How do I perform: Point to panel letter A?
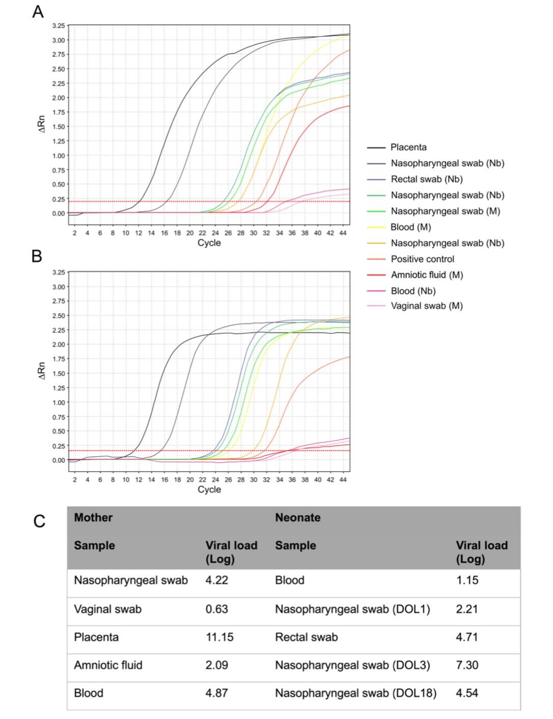click(38, 12)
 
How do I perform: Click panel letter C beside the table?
click(39, 521)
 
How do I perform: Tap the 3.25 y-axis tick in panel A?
click(59, 25)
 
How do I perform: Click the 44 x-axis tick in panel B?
click(343, 480)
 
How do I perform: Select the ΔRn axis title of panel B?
click(42, 370)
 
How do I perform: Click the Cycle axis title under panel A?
click(209, 243)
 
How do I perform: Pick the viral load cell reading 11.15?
click(219, 637)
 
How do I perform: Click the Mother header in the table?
click(93, 517)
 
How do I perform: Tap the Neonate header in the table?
click(298, 517)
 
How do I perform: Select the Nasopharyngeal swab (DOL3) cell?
click(352, 665)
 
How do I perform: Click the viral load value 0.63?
click(216, 609)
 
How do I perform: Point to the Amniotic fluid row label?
click(108, 665)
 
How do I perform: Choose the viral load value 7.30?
click(467, 665)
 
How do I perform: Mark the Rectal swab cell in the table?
click(307, 637)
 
